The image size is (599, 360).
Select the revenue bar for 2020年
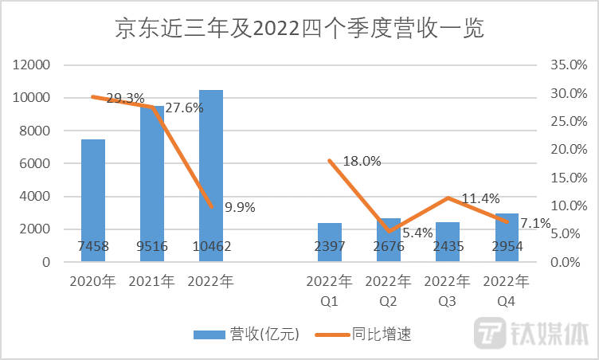click(x=93, y=199)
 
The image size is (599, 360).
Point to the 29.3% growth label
click(x=126, y=99)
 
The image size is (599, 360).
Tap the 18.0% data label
click(x=362, y=162)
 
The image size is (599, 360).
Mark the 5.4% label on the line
click(x=416, y=233)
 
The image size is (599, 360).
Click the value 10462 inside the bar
click(x=211, y=247)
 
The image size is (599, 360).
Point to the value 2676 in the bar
click(x=389, y=247)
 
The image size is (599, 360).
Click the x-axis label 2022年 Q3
click(x=448, y=288)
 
